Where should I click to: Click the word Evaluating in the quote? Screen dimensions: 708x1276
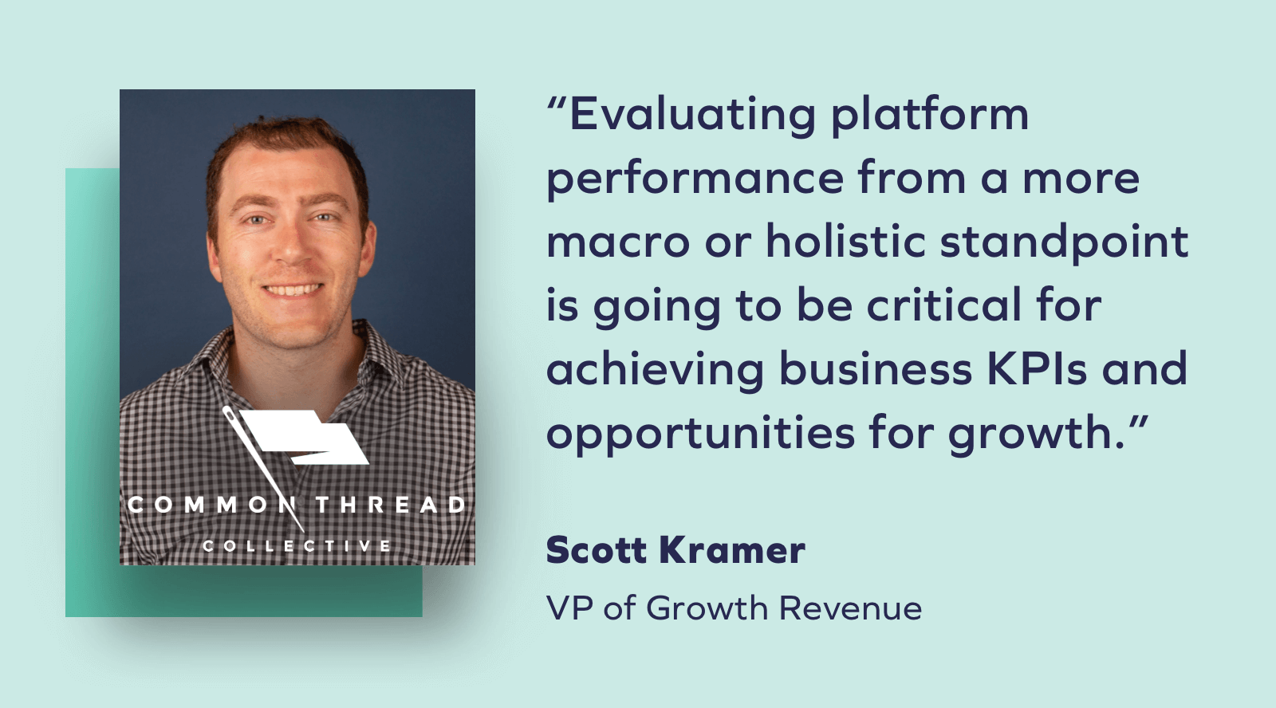click(692, 115)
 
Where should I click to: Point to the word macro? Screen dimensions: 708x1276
click(618, 242)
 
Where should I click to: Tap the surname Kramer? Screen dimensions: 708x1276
click(733, 550)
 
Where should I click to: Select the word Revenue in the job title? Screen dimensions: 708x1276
click(850, 608)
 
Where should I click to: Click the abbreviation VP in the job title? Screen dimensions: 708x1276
click(569, 608)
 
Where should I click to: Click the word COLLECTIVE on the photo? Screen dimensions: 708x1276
click(297, 546)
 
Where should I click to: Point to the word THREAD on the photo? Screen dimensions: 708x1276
click(390, 505)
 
